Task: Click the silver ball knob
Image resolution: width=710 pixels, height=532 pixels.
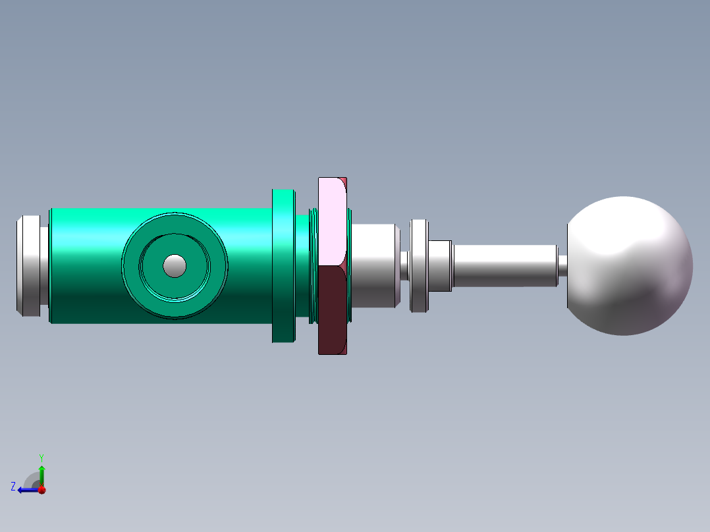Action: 629,265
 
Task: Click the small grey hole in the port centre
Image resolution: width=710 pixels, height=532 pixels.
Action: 175,265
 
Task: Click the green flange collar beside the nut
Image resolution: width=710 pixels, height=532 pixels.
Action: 283,265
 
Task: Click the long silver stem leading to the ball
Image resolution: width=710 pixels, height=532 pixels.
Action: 504,265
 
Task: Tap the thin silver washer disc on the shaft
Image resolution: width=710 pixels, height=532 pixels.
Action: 419,265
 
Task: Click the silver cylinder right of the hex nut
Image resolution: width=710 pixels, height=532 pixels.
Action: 373,265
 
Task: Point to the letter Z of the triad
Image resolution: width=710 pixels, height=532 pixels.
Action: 13,486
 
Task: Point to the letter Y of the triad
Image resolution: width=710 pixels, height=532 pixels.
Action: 41,457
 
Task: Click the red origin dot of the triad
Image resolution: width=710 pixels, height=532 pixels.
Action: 41,490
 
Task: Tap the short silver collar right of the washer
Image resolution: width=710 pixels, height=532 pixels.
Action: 441,265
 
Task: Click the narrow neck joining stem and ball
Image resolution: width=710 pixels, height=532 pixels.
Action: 562,265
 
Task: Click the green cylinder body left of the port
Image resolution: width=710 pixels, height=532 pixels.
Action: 86,265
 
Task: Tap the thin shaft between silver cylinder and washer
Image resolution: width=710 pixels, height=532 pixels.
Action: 405,265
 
